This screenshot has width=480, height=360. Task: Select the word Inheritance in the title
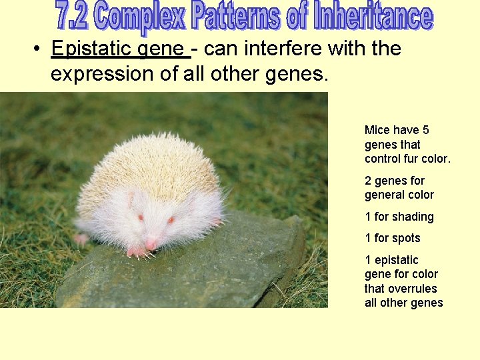tap(373, 17)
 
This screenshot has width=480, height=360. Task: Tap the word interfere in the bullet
tap(269, 49)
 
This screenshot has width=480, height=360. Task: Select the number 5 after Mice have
tap(426, 130)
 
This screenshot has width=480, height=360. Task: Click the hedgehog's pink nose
tap(151, 245)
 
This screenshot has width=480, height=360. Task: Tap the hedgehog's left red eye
tap(141, 217)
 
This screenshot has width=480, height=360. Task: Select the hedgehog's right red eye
tap(171, 219)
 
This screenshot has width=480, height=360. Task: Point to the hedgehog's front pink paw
tap(137, 251)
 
